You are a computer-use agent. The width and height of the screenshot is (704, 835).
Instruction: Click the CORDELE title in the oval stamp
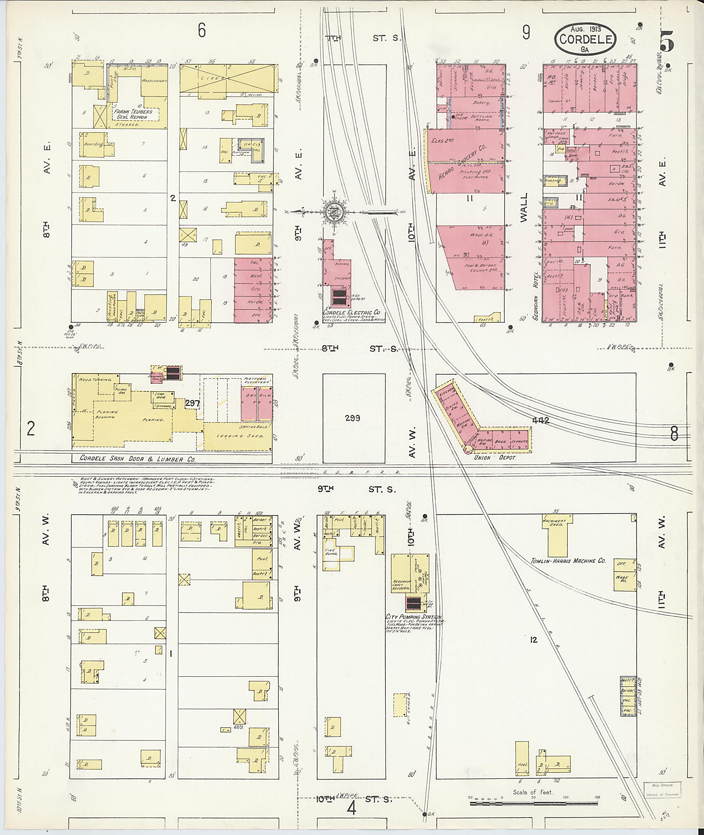coord(585,39)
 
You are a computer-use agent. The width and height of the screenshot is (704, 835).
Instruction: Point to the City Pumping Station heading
coord(412,617)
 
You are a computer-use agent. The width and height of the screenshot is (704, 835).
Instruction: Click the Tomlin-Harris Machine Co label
coord(568,561)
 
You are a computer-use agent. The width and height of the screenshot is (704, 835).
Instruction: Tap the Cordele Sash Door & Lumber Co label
coord(137,459)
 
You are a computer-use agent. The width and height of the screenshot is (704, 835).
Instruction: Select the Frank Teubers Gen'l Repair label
coord(133,114)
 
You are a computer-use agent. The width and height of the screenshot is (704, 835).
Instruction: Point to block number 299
coord(352,418)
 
